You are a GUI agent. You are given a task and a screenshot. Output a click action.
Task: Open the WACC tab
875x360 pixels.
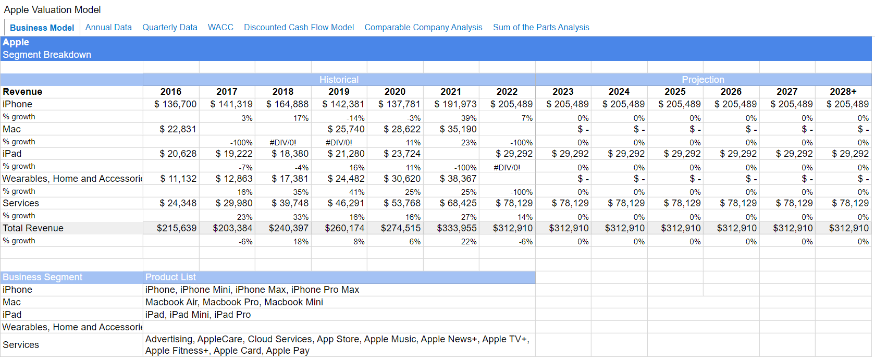(220, 27)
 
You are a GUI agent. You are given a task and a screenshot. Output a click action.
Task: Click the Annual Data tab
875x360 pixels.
(108, 27)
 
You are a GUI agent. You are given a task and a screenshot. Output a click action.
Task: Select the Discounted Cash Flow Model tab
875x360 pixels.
(299, 27)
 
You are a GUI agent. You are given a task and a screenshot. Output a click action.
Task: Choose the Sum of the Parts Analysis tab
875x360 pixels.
(541, 27)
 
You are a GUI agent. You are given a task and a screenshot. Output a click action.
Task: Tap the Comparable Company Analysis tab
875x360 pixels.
(423, 27)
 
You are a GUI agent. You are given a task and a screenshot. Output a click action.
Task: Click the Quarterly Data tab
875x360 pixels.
(170, 27)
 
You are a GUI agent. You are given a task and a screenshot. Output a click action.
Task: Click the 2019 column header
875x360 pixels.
(339, 92)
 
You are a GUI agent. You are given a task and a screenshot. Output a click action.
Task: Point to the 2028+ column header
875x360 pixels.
(843, 92)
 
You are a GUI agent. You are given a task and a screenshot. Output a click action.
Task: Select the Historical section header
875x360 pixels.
(339, 80)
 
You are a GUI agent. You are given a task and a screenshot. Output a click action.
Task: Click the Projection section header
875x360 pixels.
(703, 80)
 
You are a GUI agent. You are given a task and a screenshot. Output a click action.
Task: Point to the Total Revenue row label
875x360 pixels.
(33, 228)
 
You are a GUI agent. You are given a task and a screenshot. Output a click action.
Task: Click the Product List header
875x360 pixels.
(171, 277)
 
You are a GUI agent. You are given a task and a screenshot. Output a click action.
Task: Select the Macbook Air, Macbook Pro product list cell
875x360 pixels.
(234, 302)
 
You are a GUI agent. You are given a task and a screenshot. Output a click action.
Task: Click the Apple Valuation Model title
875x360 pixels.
(53, 10)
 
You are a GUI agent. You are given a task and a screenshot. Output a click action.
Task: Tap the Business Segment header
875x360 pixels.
(43, 277)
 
